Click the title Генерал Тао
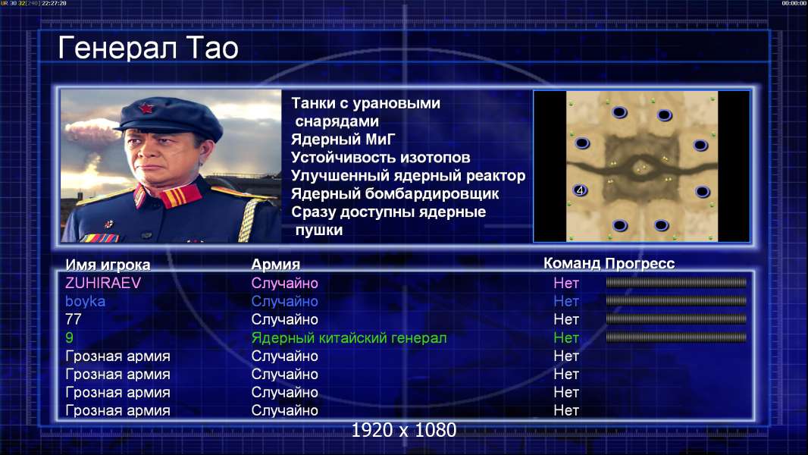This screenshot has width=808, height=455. coord(148,48)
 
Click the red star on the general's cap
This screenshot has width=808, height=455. coord(146,108)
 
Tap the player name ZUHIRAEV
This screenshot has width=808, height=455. coord(103,283)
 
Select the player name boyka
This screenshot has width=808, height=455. coord(85,302)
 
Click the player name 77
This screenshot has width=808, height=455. coord(74,319)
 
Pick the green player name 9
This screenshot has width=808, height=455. coord(69,338)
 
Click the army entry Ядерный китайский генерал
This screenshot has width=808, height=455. coord(349,338)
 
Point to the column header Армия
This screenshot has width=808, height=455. coord(275,265)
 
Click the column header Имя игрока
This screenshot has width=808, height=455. coord(108,265)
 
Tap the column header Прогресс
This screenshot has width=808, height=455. coord(640,264)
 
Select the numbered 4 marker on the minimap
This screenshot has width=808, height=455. coord(581,190)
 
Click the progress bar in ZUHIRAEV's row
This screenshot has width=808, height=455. coord(676,282)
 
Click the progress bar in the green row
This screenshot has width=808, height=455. coord(676,337)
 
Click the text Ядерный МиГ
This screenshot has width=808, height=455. coord(343,140)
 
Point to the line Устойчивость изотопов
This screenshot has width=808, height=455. coord(381,158)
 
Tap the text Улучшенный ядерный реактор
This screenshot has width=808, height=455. coord(408,176)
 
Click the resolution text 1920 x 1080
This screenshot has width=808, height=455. coord(404,430)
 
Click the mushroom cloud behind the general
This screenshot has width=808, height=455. coord(91,133)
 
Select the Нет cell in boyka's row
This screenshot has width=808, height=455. coord(566,302)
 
